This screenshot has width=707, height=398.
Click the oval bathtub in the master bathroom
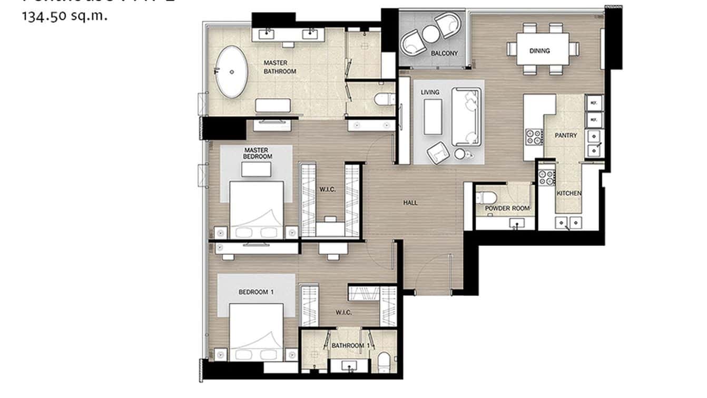[x=232, y=72]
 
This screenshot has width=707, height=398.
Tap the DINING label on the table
[x=539, y=51]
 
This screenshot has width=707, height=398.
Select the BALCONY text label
[x=444, y=54]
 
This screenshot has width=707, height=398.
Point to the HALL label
[x=410, y=202]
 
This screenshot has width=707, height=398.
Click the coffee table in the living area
[x=434, y=117]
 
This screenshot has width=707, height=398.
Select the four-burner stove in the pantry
[x=534, y=137]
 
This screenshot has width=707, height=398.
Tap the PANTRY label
[x=566, y=135]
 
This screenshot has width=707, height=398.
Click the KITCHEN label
[x=569, y=193]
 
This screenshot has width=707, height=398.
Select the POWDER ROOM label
[x=504, y=209]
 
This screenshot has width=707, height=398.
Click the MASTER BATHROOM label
[x=280, y=67]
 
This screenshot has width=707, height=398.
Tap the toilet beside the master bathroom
[x=384, y=99]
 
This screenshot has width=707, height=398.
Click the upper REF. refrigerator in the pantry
[x=594, y=102]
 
